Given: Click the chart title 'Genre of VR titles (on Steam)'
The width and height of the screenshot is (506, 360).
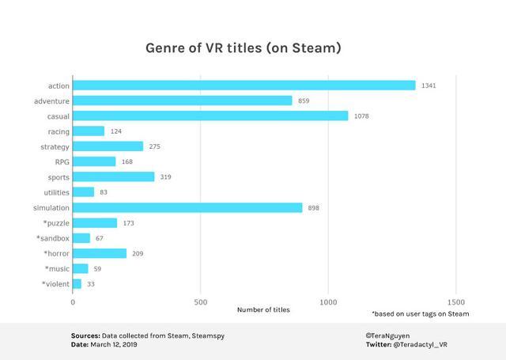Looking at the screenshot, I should point(243,48).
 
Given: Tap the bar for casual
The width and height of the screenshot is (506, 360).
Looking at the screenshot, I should point(210,116).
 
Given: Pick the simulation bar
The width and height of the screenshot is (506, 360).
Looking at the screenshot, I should point(187,207).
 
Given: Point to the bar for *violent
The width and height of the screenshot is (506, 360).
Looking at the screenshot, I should point(77,284).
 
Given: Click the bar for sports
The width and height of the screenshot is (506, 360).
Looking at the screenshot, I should point(113,177).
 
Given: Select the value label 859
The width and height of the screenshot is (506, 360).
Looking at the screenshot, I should point(304,100).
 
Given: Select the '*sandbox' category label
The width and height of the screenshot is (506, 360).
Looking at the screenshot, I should point(52,238).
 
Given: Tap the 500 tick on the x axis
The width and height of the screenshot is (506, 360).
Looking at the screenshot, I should point(200,302).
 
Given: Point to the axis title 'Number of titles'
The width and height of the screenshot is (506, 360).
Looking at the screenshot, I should point(263,309).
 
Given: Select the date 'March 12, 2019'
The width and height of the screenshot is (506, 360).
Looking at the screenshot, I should point(115,345).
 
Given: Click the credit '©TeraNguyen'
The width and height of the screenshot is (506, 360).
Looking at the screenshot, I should point(383,335).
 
